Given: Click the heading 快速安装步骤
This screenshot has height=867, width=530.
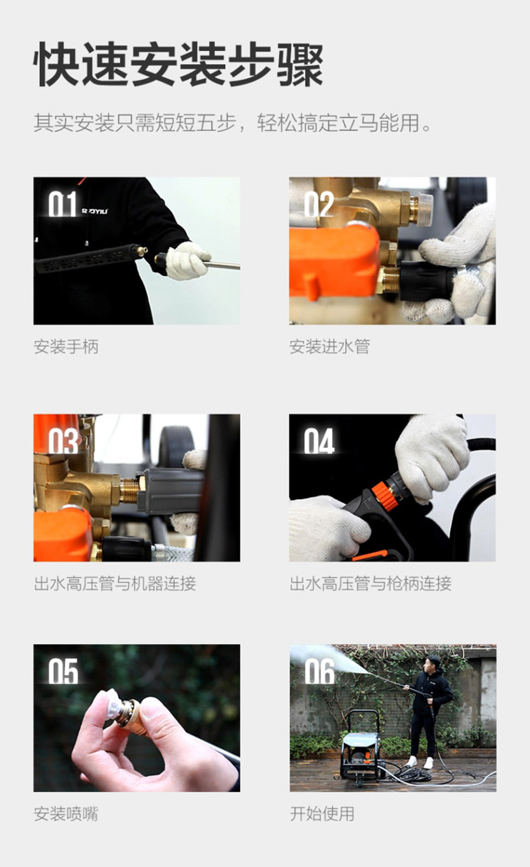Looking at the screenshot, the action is [x=178, y=64].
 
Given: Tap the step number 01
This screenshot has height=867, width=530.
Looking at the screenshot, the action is [x=62, y=204].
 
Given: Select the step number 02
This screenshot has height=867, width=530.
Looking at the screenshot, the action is [x=319, y=204].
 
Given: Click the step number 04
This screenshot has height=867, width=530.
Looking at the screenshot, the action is [x=319, y=441].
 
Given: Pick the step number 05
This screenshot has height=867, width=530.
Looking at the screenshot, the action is [x=63, y=671].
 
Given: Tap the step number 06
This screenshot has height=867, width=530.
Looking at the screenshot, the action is [x=319, y=672].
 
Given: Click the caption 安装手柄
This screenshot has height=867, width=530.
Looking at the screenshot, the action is [x=66, y=347].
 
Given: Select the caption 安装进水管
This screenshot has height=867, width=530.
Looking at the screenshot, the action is [x=330, y=347].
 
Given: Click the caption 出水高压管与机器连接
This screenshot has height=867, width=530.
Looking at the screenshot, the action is [x=115, y=584].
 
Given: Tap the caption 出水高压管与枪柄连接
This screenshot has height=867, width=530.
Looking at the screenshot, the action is [x=370, y=584].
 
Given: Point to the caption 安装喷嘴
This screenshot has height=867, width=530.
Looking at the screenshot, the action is [x=66, y=813].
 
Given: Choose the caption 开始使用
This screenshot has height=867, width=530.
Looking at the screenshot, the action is [x=322, y=813].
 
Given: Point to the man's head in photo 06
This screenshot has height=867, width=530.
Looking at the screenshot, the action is [x=433, y=664].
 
